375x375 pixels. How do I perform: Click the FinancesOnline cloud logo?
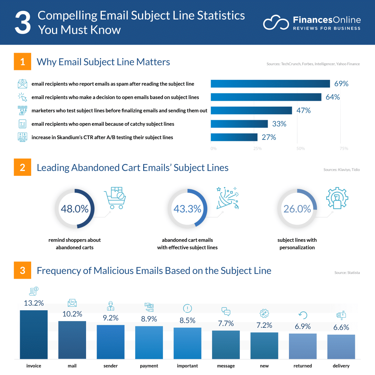276,23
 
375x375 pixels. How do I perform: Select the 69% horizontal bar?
270,84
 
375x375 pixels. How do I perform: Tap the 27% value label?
269,137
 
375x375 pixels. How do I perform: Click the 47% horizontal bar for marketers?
251,111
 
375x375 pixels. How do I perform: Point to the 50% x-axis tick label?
301,149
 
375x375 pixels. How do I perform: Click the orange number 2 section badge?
23,167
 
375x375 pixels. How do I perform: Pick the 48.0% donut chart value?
75,209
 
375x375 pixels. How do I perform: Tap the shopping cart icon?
115,198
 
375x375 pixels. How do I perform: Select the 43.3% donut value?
187,209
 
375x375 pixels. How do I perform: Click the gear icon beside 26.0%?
337,198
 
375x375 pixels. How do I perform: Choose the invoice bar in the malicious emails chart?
34,334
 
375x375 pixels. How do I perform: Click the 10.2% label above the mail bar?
72,314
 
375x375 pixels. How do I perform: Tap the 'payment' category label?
149,366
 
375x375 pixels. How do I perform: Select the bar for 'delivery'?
341,346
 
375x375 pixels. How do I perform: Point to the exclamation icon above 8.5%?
187,308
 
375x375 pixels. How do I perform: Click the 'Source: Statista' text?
347,273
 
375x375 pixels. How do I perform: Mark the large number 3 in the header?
23,23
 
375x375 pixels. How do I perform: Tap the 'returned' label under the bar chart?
303,366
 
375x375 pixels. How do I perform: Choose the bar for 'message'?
226,345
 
